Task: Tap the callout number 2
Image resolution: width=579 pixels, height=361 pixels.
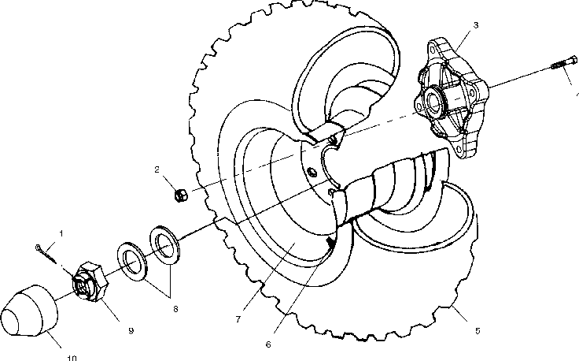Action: [157, 169]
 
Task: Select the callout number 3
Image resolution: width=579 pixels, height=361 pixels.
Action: [475, 25]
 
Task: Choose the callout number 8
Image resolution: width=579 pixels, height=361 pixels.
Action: [175, 308]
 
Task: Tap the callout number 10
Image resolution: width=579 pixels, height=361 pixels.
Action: [72, 358]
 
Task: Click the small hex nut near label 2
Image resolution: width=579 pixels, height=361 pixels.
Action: [179, 193]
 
